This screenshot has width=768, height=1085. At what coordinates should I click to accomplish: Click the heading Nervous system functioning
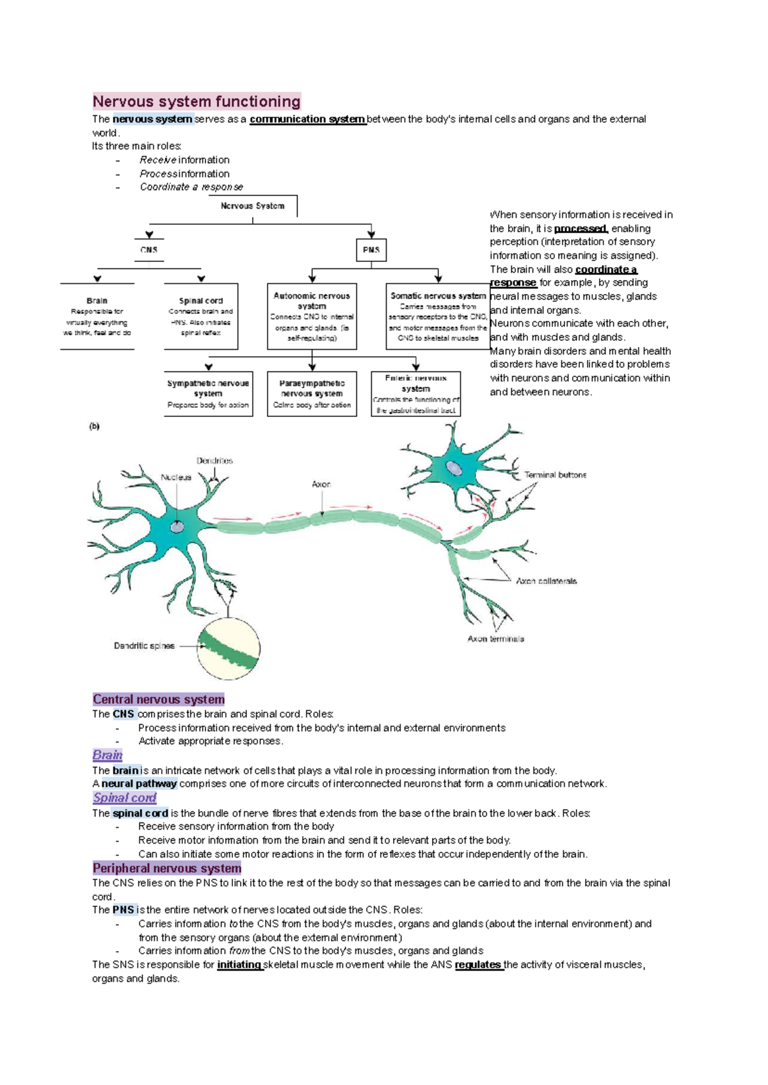[196, 101]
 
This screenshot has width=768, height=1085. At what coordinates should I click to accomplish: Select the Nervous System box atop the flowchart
[253, 206]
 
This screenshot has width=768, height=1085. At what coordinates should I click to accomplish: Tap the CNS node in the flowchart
[149, 250]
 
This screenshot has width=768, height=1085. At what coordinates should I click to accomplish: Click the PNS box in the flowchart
[371, 250]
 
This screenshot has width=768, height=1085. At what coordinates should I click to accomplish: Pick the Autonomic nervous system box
[312, 316]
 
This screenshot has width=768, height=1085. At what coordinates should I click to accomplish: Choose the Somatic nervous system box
[438, 316]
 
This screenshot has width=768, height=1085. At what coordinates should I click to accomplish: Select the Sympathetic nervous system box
[208, 393]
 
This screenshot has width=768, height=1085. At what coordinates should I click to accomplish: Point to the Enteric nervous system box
[416, 394]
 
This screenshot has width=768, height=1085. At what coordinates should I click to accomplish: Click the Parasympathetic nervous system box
[312, 393]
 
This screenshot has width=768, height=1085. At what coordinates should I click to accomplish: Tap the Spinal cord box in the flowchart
[201, 316]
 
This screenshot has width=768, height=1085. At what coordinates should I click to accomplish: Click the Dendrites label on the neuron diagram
[214, 461]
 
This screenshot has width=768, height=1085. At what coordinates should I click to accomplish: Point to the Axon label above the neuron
[321, 484]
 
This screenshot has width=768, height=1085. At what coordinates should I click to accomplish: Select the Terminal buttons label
[555, 475]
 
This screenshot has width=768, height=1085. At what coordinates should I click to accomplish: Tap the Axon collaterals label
[546, 581]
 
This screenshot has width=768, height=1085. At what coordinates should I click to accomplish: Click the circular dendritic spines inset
[228, 648]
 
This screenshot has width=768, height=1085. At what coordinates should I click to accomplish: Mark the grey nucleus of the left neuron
[177, 526]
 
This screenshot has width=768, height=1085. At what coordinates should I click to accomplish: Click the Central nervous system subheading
[159, 699]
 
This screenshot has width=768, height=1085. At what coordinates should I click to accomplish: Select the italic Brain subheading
[108, 755]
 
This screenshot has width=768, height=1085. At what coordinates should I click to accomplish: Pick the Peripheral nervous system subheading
[167, 869]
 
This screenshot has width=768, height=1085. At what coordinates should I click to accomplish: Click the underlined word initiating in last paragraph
[239, 965]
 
